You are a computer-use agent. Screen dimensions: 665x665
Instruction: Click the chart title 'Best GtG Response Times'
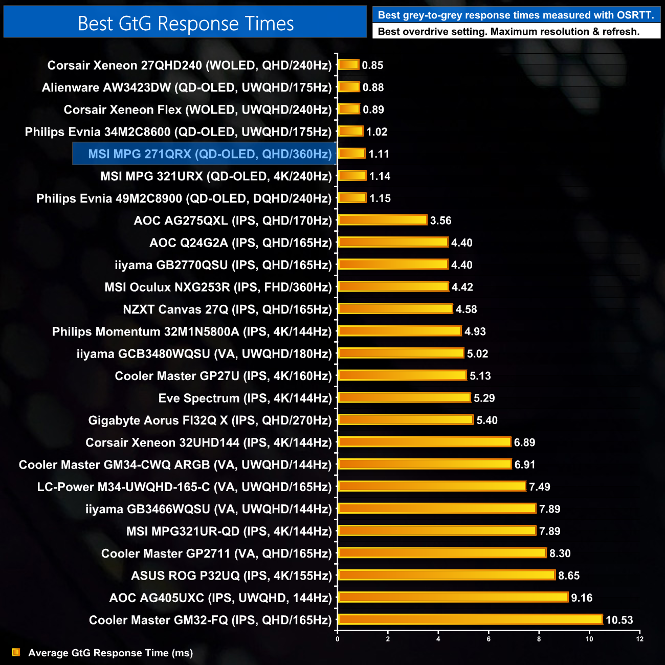185,24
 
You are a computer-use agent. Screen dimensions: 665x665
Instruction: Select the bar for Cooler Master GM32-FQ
470,619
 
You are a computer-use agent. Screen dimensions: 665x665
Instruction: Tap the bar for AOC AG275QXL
382,220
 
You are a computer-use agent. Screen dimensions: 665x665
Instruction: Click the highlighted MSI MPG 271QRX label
210,154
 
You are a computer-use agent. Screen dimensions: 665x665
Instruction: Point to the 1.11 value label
379,154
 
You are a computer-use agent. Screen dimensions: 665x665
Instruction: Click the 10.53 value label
619,620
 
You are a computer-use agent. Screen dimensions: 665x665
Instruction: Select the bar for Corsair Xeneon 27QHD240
348,65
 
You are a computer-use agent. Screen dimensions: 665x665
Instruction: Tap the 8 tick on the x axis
539,639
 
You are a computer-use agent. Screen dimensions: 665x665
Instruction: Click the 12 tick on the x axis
639,639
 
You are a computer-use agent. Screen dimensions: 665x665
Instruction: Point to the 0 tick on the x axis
338,639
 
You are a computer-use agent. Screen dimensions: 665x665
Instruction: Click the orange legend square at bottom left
16,652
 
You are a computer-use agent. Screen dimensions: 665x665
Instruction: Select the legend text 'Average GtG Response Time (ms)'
110,653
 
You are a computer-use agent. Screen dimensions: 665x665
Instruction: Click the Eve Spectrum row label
245,398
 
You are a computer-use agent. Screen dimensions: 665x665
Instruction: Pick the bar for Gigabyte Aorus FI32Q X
406,420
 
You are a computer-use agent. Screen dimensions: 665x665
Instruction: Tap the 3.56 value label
440,220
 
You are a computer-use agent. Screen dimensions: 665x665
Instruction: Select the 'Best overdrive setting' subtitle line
508,31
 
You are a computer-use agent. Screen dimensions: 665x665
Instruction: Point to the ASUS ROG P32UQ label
231,575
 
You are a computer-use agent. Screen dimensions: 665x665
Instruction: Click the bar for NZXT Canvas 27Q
395,309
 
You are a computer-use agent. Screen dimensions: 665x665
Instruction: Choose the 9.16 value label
582,597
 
